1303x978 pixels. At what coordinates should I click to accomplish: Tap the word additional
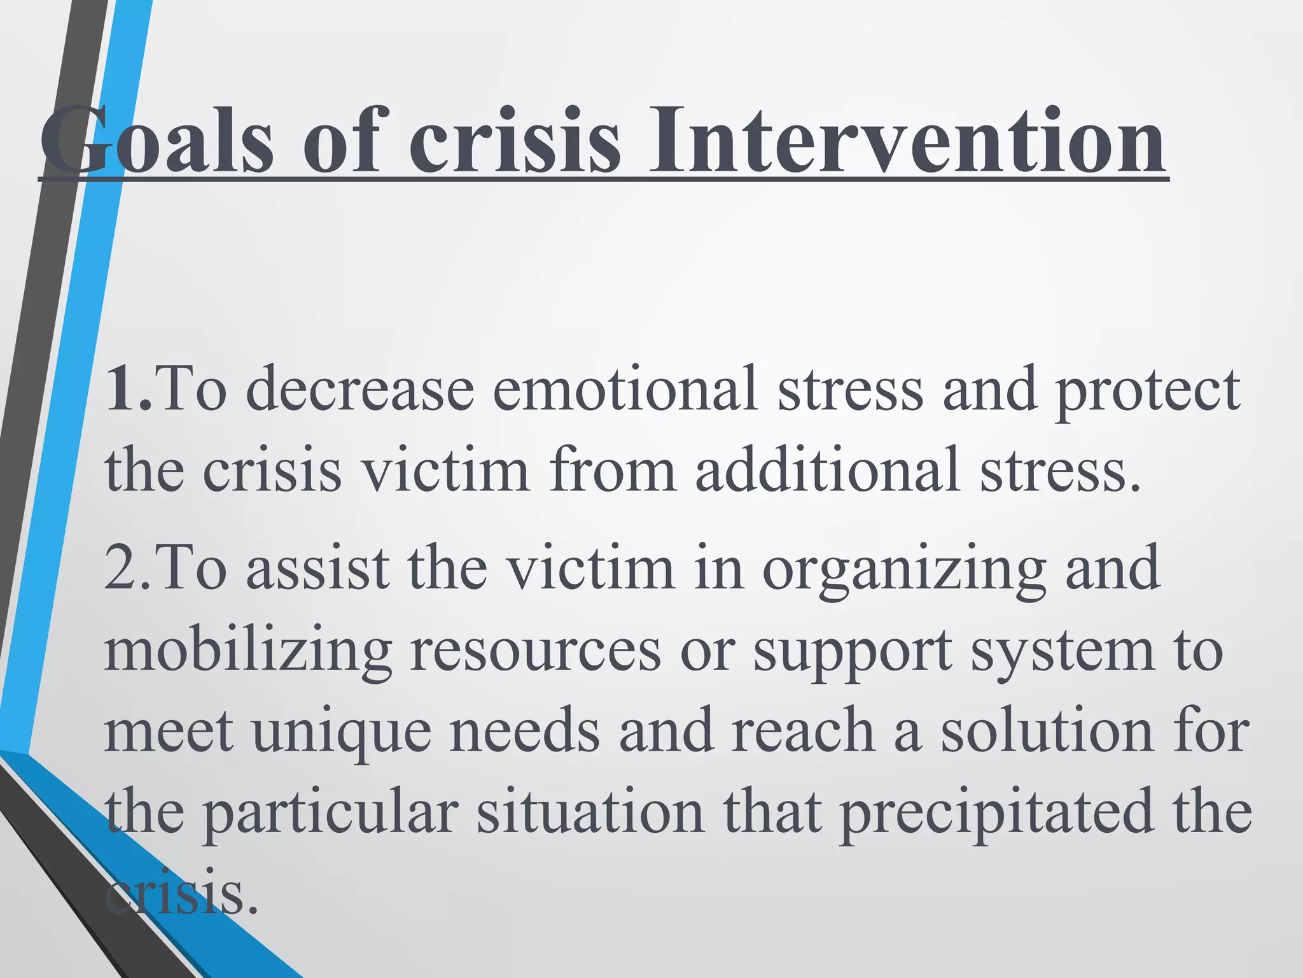(x=827, y=470)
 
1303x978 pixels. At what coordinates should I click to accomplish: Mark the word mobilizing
(x=248, y=651)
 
